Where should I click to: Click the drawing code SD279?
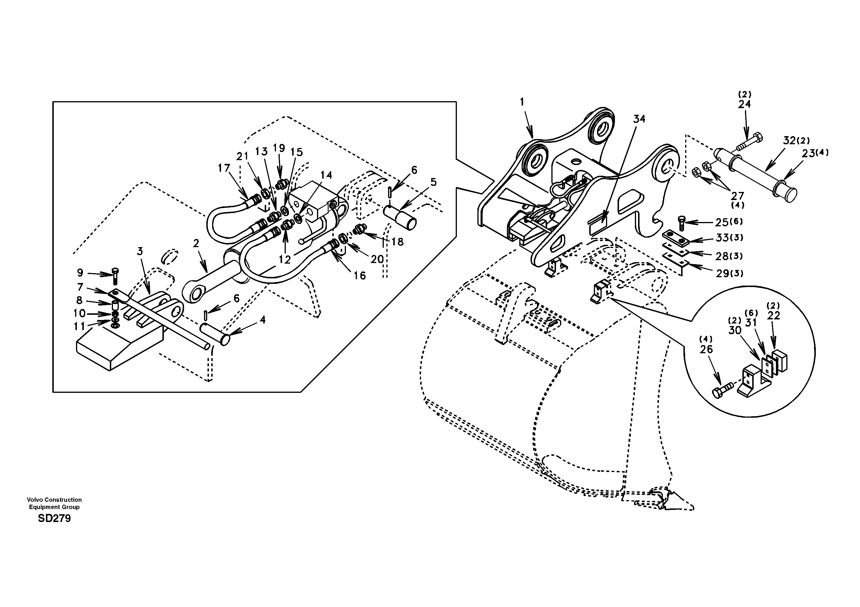[x=54, y=519]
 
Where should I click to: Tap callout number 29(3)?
[x=729, y=273]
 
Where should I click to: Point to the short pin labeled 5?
[x=400, y=217]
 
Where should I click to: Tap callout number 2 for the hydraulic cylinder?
[x=196, y=244]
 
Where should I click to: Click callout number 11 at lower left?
[x=79, y=326]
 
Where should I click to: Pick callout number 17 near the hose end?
[x=224, y=168]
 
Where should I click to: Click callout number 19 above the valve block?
[x=279, y=148]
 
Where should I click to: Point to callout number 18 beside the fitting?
[x=397, y=242]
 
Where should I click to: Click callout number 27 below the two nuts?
[x=737, y=196]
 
